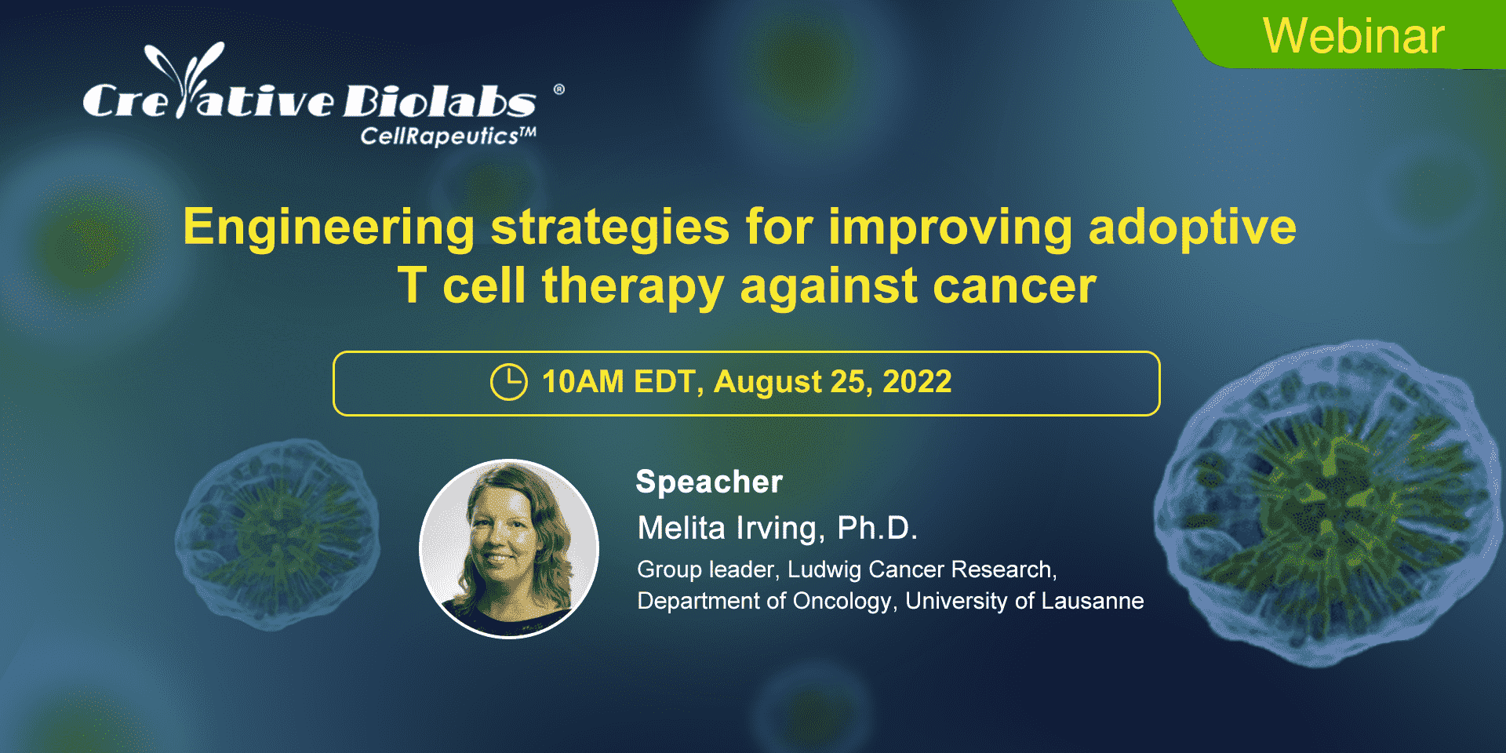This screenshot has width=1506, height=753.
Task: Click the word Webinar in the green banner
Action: tap(1354, 36)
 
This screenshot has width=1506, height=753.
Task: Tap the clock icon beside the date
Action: tap(509, 382)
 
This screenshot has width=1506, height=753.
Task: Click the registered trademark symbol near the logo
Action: tap(559, 89)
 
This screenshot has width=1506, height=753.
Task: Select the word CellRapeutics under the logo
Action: tap(439, 136)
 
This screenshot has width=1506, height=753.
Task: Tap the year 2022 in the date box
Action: tap(917, 382)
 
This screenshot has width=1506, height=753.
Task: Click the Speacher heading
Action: tap(709, 482)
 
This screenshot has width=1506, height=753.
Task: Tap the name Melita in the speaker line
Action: tap(682, 528)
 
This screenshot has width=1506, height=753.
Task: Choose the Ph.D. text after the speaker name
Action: tap(877, 528)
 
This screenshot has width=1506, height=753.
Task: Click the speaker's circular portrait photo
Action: tap(509, 548)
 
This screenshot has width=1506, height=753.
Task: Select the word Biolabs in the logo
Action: tap(440, 101)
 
